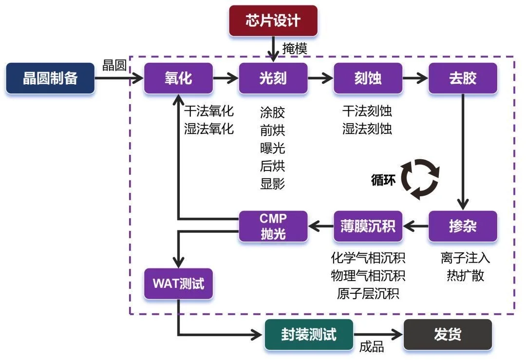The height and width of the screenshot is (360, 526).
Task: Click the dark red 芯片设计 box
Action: (273, 20)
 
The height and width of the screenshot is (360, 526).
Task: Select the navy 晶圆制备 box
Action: (50, 78)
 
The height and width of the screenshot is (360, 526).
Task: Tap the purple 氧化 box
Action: (178, 78)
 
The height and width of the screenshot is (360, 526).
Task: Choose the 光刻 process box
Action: (273, 78)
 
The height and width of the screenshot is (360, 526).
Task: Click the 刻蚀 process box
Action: (368, 78)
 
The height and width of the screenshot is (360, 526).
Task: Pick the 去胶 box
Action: (463, 78)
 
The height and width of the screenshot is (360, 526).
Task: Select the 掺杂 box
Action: (463, 226)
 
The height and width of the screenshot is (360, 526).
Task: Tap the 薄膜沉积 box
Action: (368, 226)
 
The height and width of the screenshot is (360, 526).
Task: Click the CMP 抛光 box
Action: (273, 226)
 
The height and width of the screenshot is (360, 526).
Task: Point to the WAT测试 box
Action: (178, 284)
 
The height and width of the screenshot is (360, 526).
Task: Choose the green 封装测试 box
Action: (309, 335)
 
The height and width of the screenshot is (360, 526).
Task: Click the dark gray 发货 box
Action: (448, 335)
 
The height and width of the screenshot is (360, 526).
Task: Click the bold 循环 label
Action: (383, 179)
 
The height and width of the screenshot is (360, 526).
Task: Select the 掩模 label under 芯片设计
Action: (295, 49)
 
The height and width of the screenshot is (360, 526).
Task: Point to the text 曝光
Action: (273, 148)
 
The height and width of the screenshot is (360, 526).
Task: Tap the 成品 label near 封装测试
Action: (372, 347)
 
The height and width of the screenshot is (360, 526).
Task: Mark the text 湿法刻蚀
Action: (367, 129)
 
